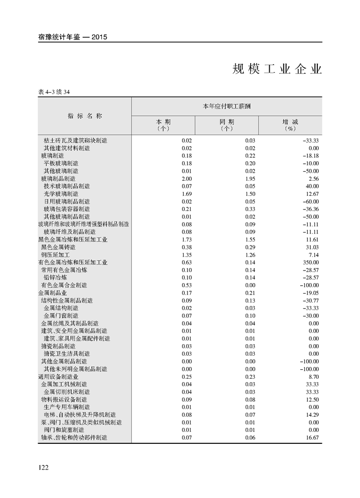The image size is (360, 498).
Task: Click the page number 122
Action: tap(43, 467)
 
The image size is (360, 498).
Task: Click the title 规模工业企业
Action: tap(277, 69)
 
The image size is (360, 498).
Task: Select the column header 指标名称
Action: tap(84, 116)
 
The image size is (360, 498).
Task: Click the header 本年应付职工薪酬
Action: tap(227, 107)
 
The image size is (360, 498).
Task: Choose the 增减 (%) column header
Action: tap(290, 125)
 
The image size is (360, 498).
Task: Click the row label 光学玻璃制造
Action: tap(61, 194)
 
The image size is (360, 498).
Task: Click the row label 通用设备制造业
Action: tap(58, 376)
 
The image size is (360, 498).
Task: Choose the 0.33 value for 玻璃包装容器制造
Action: tap(250, 209)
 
